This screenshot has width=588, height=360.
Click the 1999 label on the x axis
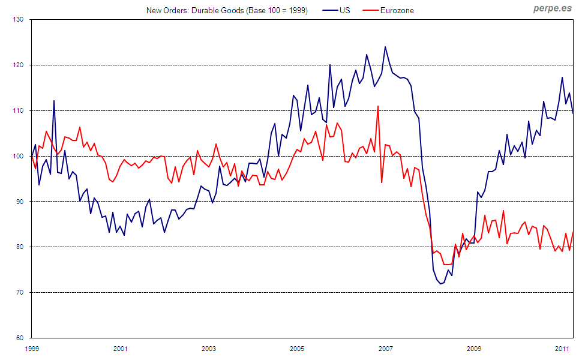point(32,349)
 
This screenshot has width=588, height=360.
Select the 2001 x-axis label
point(120,349)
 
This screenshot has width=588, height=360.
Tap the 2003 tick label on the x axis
point(208,349)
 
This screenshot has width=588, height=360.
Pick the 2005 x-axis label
point(296,349)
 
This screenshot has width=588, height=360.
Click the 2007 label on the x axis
point(385,349)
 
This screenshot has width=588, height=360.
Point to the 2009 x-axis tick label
point(473,349)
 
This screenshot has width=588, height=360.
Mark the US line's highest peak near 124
point(385,47)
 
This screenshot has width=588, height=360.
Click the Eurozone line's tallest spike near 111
point(378,106)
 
